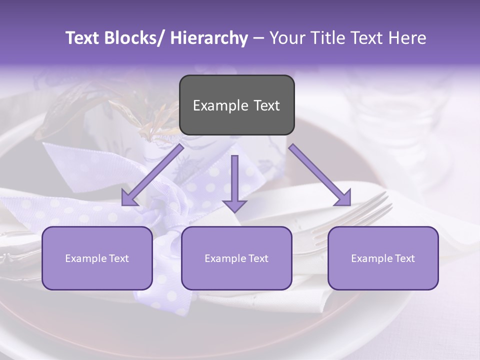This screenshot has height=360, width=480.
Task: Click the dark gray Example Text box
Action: tap(236, 105)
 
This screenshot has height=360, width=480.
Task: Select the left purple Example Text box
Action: tap(97, 258)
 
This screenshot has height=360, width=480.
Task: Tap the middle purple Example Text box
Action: tap(236, 258)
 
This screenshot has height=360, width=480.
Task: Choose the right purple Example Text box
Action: tap(383, 258)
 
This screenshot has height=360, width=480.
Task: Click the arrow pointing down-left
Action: tap(152, 175)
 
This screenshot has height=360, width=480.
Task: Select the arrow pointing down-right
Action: tap(320, 175)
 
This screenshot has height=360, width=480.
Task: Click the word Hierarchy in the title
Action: tap(208, 38)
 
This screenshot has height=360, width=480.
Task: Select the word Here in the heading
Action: tap(406, 38)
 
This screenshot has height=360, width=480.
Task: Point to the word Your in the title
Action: tap(287, 38)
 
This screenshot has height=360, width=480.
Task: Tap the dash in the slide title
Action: tap(258, 38)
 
